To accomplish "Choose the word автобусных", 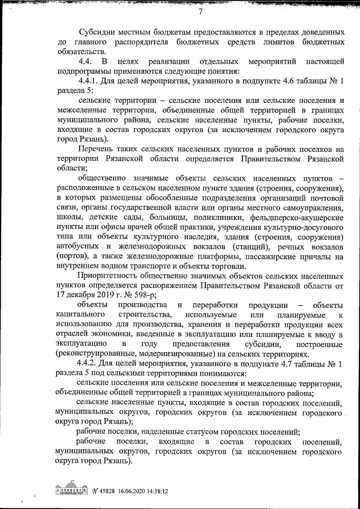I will pos(79,246).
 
